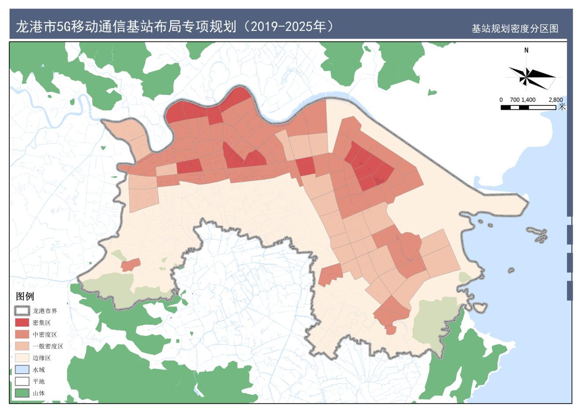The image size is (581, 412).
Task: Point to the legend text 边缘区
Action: click(42, 358)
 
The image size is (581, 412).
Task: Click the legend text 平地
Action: click(39, 382)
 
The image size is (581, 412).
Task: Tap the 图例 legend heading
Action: click(25, 296)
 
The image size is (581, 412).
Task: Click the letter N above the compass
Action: click(526, 50)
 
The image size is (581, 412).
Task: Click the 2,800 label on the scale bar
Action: click(555, 100)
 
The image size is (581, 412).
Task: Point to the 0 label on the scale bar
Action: click(501, 100)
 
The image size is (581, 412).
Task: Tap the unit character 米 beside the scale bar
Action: click(562, 107)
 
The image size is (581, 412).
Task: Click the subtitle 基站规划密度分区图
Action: click(515, 29)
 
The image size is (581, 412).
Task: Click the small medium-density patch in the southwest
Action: click(131, 265)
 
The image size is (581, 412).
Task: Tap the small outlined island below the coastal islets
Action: click(511, 270)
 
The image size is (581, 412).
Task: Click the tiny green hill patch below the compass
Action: click(433, 93)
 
